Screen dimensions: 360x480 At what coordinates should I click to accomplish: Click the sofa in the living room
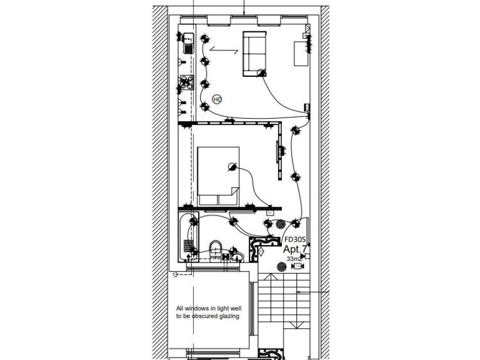coord(254,53)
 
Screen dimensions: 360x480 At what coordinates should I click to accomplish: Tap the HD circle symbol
coord(217,99)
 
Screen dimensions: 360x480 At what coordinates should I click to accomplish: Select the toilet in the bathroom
coord(214,248)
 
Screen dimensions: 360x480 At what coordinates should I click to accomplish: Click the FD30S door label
coord(294,239)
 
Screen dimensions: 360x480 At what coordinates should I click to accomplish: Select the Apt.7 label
coord(294,249)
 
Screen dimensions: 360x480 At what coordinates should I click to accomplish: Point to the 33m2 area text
coord(294,258)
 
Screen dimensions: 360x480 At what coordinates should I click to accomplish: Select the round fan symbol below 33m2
coord(282,267)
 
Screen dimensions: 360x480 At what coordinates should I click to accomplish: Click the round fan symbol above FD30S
coord(280,224)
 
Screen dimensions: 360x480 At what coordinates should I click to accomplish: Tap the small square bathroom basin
coord(236,256)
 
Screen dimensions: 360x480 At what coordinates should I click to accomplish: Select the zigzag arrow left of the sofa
coord(219,48)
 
